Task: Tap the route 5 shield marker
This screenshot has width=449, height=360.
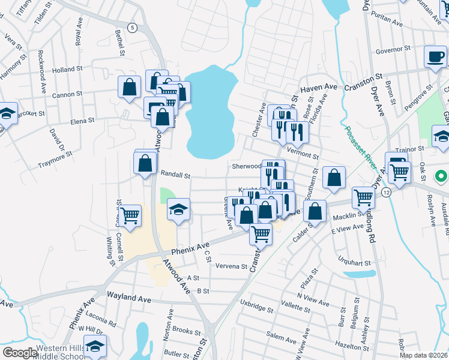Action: (133, 28)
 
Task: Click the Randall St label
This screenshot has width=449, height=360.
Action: (176, 176)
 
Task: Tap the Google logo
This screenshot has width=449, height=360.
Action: (20, 353)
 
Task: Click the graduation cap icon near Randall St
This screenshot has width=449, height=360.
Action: (178, 210)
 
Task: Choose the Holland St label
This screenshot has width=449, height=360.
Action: (67, 70)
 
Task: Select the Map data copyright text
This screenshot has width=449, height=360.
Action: (423, 355)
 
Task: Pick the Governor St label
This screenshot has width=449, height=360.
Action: (393, 49)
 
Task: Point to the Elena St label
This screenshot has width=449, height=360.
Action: (82, 121)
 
